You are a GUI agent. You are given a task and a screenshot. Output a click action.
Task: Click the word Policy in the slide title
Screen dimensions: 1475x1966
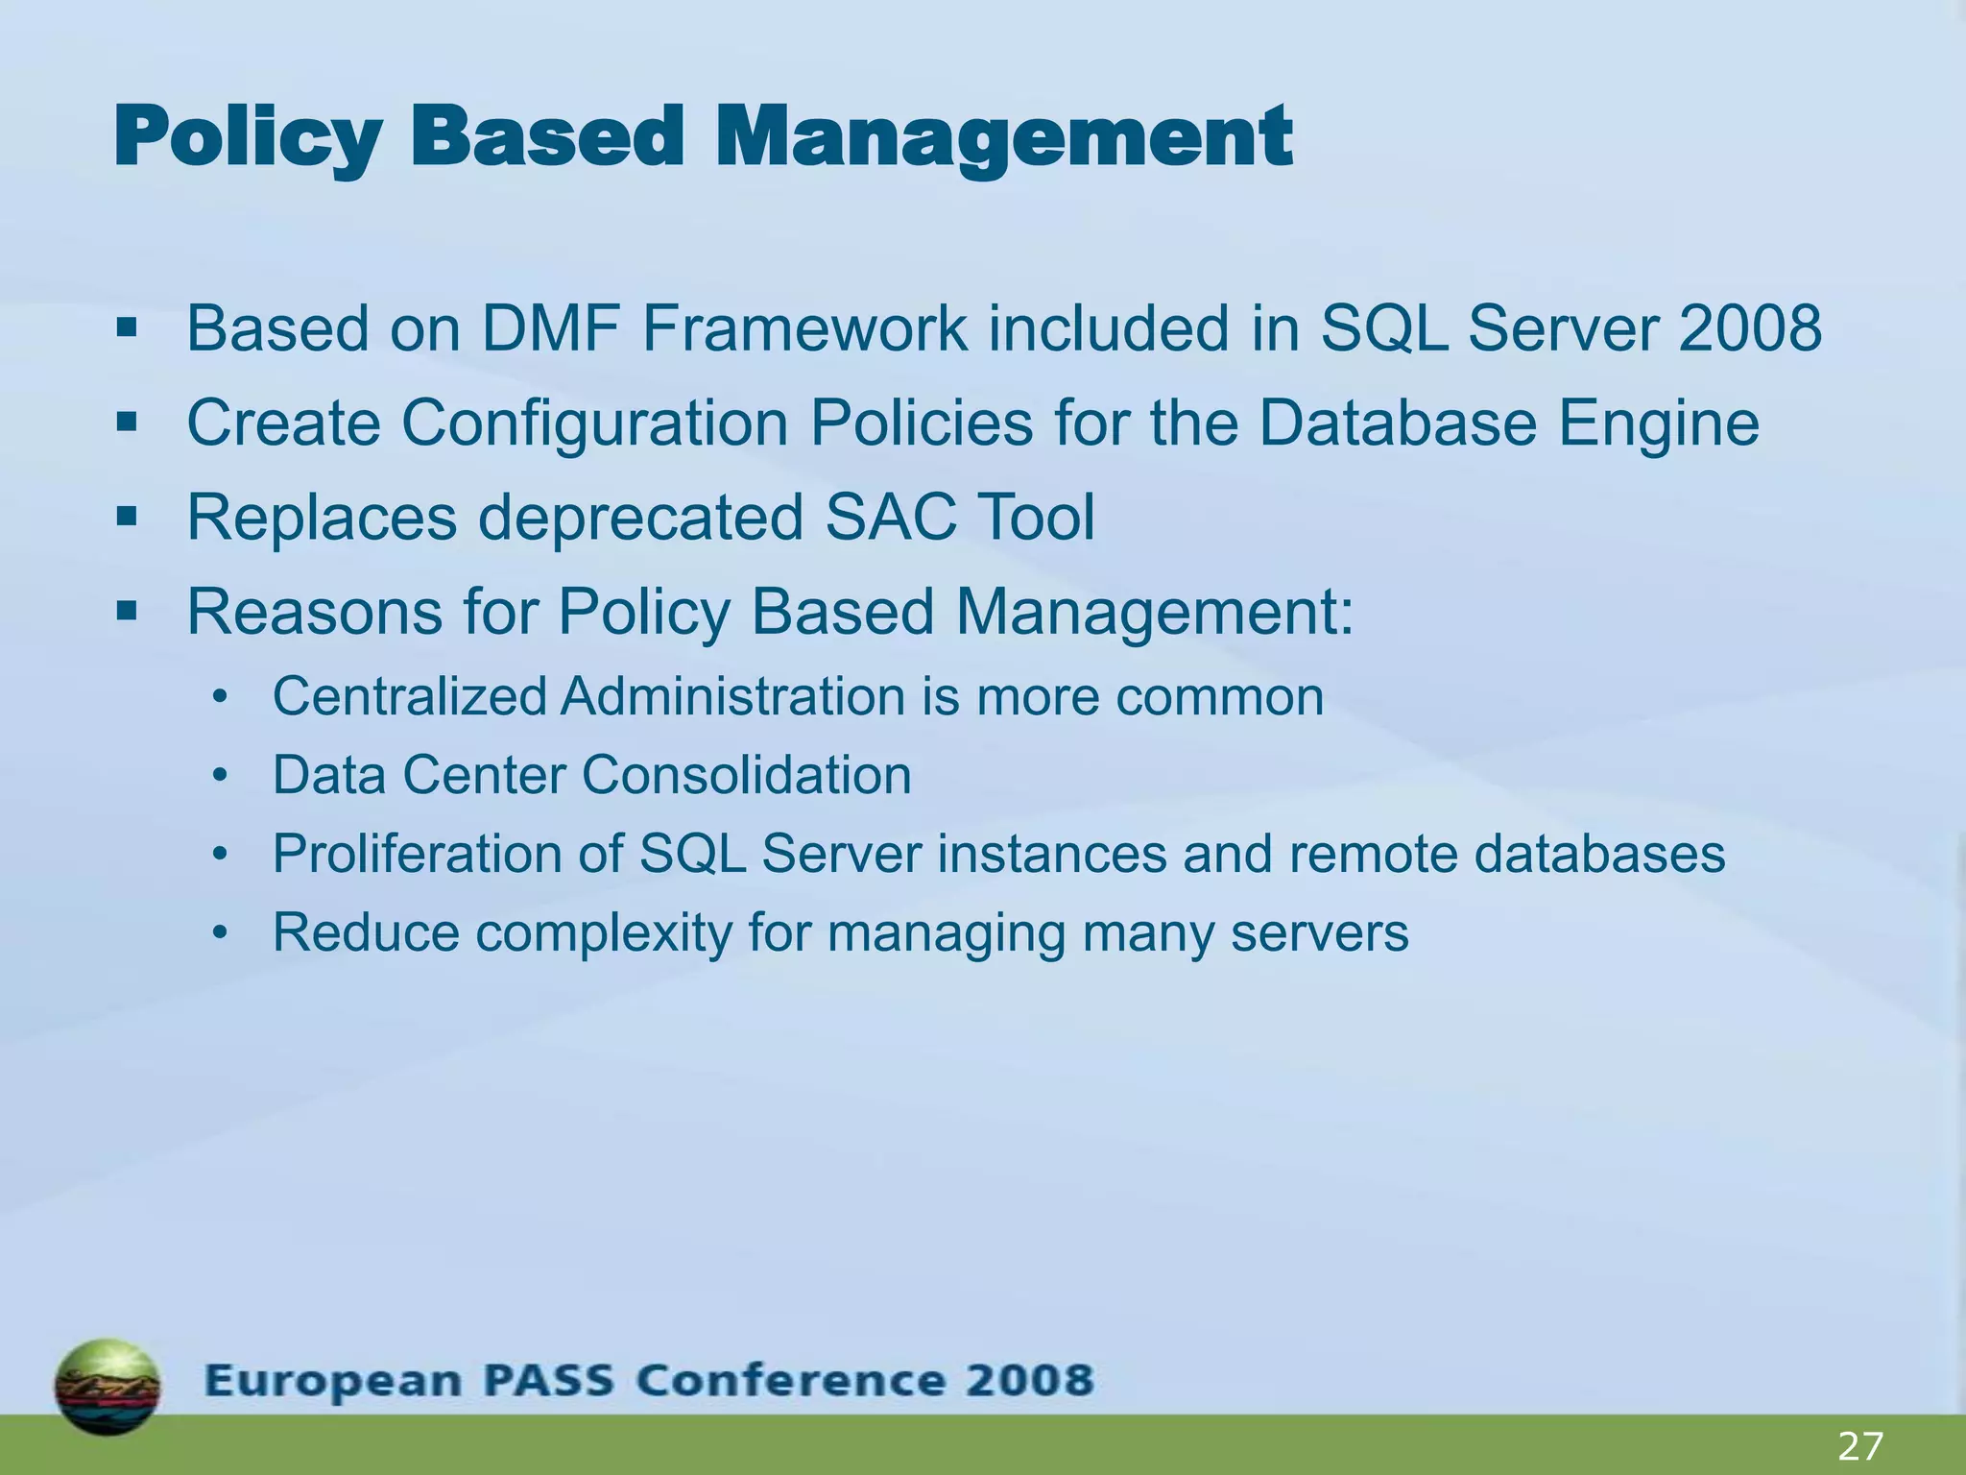(248, 139)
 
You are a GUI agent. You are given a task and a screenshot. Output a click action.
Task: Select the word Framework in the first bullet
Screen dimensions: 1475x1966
(804, 328)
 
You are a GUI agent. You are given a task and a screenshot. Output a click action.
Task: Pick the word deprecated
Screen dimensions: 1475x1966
(640, 518)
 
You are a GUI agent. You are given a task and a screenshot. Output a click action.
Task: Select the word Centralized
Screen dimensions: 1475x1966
(410, 696)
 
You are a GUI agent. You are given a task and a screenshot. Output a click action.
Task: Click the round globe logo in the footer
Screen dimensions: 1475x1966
(108, 1387)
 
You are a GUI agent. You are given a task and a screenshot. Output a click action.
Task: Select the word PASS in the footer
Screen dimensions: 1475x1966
(548, 1381)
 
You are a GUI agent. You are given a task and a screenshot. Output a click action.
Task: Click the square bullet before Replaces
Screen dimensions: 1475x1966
(126, 518)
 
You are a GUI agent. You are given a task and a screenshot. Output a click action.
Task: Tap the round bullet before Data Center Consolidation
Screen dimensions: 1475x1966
(221, 776)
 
